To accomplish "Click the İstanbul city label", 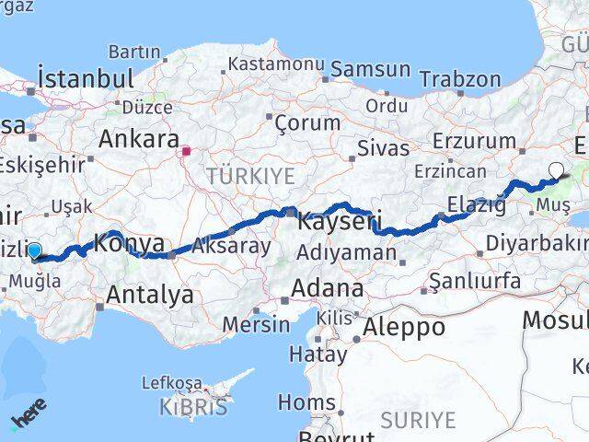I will [x=87, y=76].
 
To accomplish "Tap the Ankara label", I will [x=139, y=140].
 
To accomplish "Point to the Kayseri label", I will [x=339, y=221].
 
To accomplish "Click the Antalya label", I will [x=150, y=295].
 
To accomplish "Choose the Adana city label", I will [x=327, y=288].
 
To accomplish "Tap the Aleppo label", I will [x=404, y=326].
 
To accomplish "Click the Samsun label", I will [x=370, y=68].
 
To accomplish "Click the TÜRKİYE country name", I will [x=250, y=176].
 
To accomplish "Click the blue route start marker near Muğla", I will [x=35, y=250].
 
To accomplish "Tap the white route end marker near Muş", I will [x=557, y=169].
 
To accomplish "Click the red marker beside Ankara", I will [x=186, y=151].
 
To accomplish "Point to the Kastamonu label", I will [x=276, y=65].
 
